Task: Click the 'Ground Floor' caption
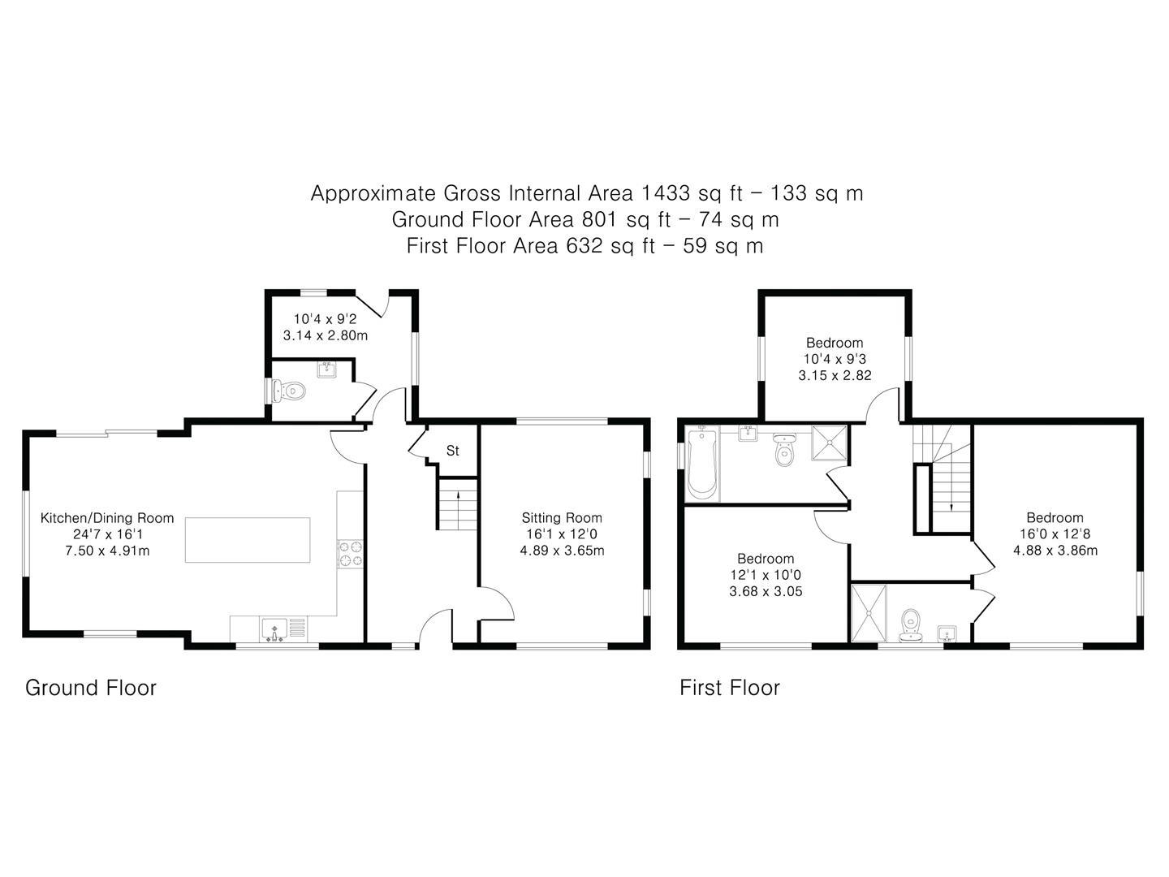[x=90, y=688]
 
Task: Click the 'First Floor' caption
[x=729, y=688]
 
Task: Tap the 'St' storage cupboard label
[x=453, y=450]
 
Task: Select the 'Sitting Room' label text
[x=562, y=518]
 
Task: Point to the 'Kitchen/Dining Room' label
[x=107, y=518]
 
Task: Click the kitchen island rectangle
[x=248, y=539]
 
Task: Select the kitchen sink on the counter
[x=275, y=629]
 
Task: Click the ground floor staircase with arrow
[x=457, y=504]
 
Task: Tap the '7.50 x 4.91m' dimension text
[x=107, y=551]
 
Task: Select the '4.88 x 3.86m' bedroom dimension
[x=1055, y=551]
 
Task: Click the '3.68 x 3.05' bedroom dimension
[x=766, y=591]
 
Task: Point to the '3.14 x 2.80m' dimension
[x=325, y=335]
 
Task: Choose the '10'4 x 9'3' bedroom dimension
[x=835, y=359]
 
